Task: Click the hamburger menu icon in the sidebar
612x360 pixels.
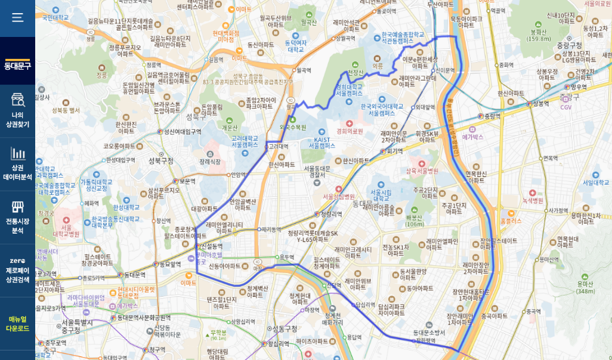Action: [17, 17]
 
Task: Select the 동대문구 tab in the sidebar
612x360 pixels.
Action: [17, 65]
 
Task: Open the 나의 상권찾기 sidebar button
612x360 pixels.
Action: [17, 111]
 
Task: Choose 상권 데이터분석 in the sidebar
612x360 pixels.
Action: [17, 164]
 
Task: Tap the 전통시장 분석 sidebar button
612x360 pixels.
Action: [17, 217]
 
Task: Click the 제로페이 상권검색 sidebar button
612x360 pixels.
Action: [17, 270]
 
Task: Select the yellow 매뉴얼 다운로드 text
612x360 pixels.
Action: [17, 324]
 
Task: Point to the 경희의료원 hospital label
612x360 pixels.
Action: [350, 131]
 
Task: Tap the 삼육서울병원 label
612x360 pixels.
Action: [422, 171]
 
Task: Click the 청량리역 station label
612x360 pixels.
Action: [332, 214]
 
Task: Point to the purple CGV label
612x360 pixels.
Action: [565, 107]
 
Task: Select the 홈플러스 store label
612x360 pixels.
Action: [511, 220]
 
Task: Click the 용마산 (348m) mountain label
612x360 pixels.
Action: [585, 288]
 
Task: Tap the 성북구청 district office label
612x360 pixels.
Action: [160, 160]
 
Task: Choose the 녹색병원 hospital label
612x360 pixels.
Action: [533, 201]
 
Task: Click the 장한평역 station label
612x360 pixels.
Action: [426, 342]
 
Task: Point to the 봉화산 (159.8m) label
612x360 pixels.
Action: [539, 35]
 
